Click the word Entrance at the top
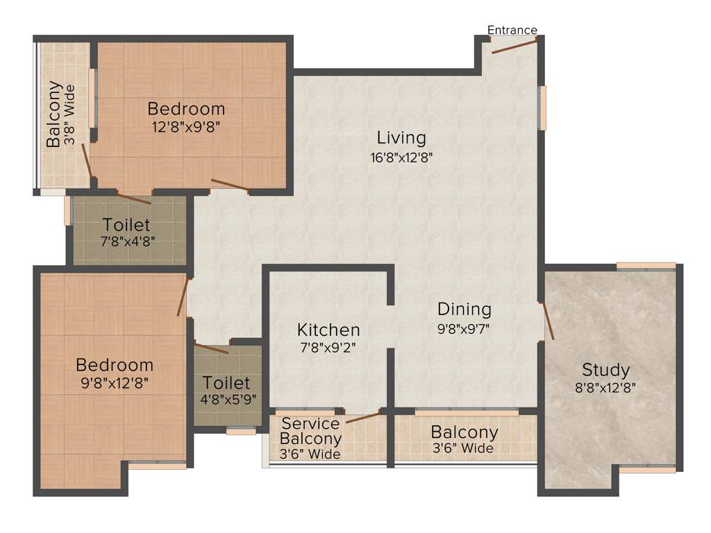click(512, 30)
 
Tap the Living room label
click(401, 137)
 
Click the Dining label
click(464, 309)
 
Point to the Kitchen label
click(328, 330)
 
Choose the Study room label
click(605, 369)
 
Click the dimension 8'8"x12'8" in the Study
click(605, 388)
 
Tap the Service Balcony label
click(310, 431)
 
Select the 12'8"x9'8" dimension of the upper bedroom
click(186, 127)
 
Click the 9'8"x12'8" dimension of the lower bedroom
click(115, 382)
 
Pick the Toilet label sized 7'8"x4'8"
click(126, 226)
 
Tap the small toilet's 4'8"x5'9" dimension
click(226, 400)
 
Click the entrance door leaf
click(515, 46)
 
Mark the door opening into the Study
click(547, 321)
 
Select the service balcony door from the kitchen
click(363, 417)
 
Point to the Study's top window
click(646, 266)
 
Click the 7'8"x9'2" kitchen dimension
click(328, 348)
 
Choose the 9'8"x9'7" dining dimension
click(464, 328)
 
